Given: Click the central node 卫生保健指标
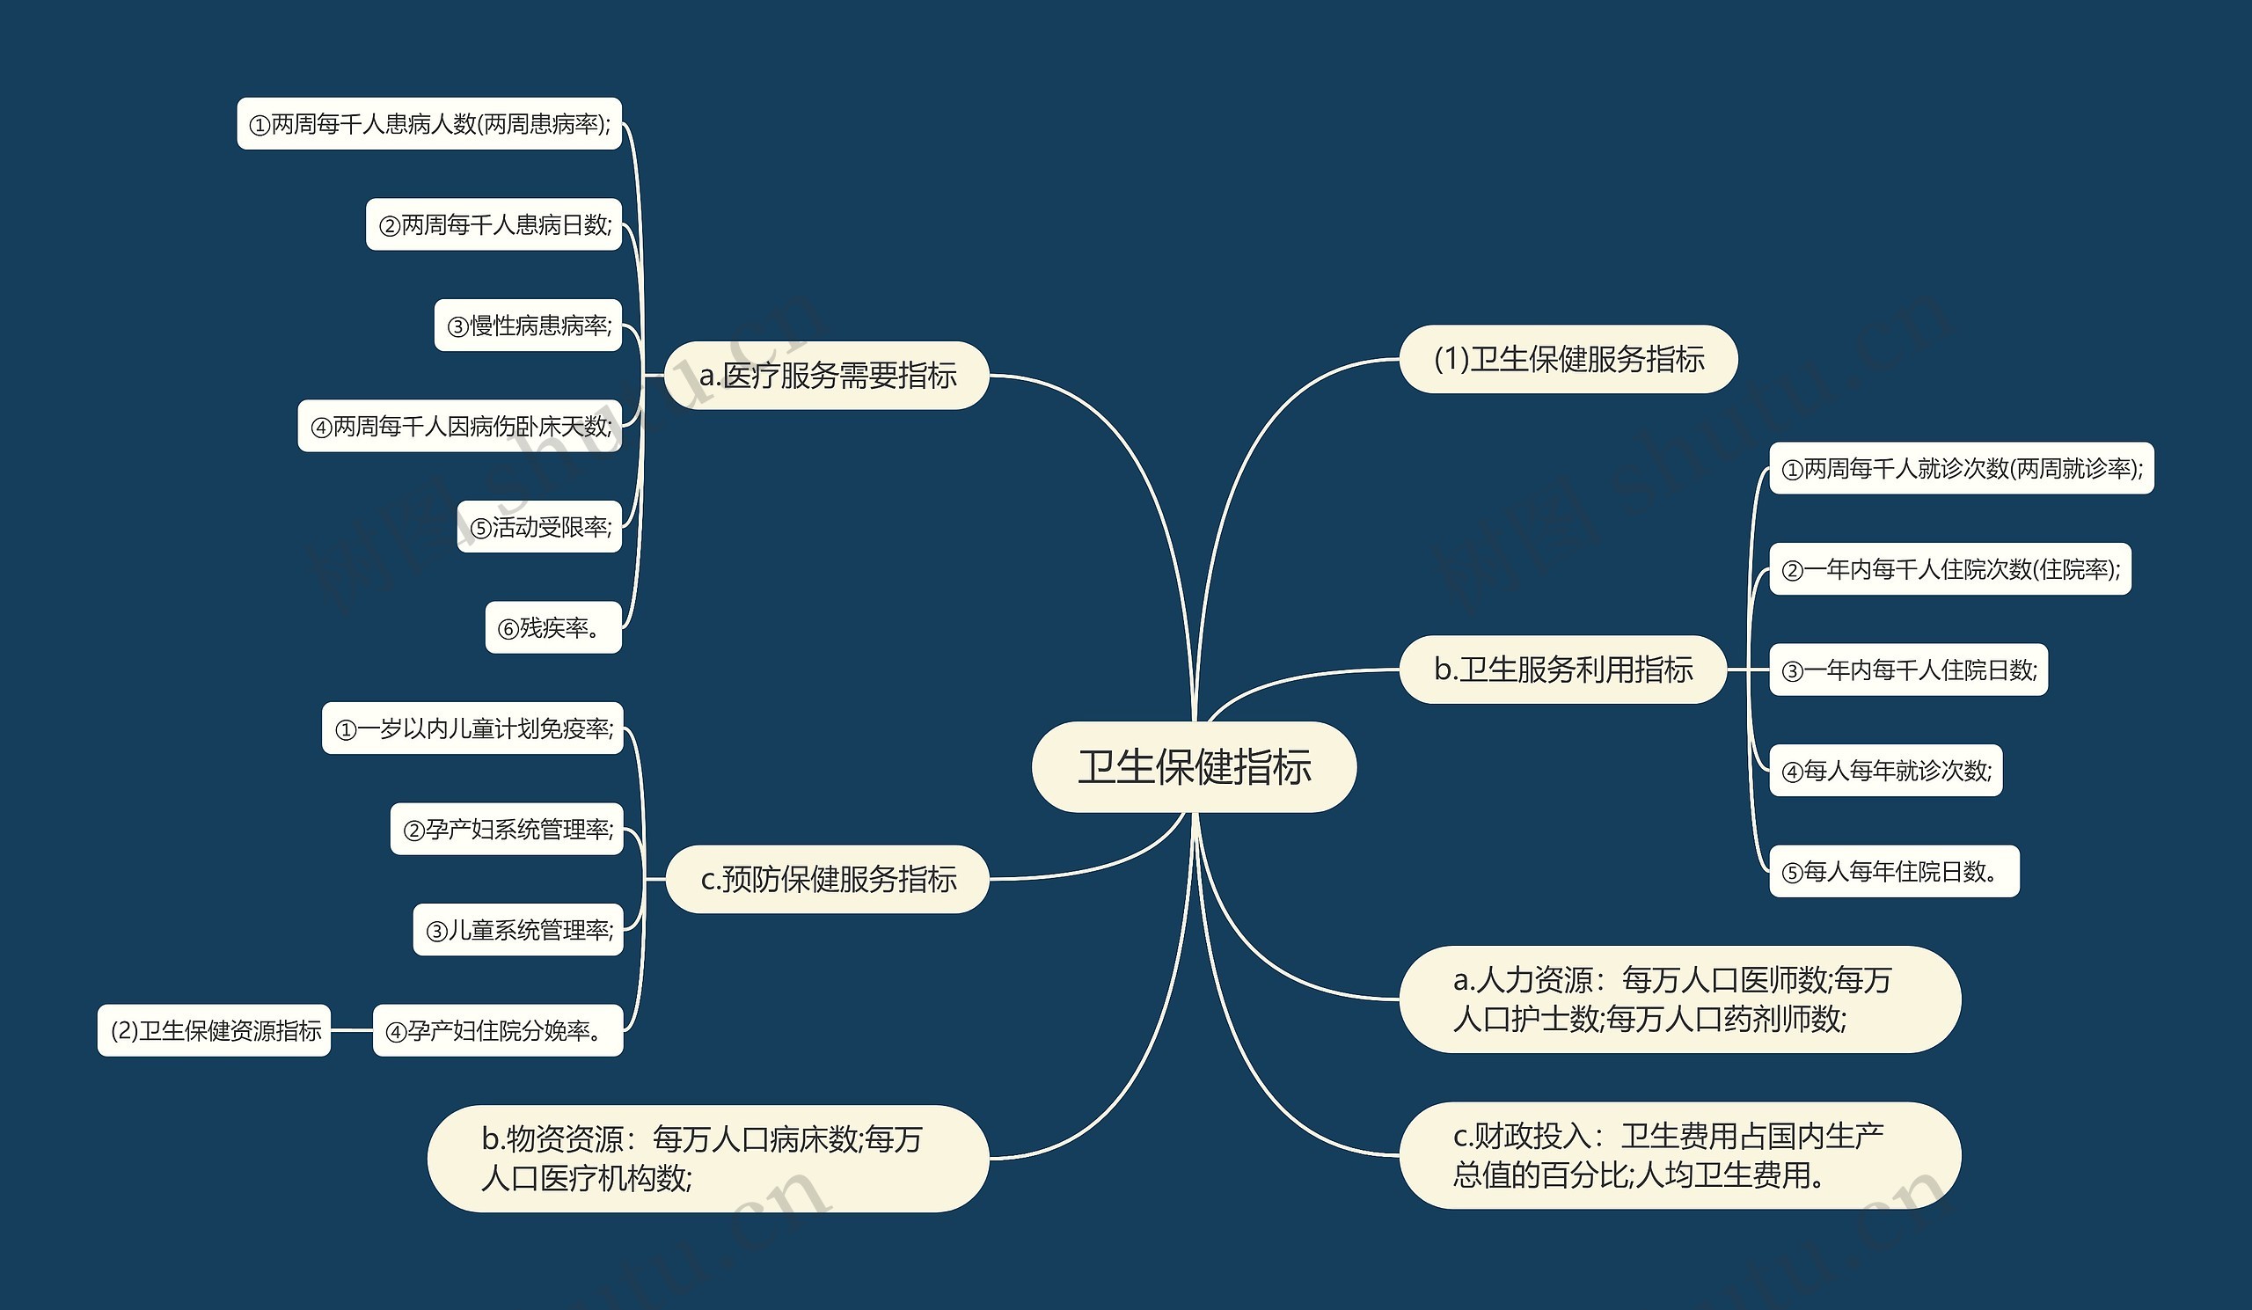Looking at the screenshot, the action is [x=1194, y=766].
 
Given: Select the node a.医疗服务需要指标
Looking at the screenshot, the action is [x=828, y=376].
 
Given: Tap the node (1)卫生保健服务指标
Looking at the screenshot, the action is [x=1568, y=359].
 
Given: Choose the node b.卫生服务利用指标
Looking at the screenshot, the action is [x=1563, y=670].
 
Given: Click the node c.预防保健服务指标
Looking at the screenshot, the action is [x=828, y=879].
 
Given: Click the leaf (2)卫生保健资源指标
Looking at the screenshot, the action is [x=215, y=1030].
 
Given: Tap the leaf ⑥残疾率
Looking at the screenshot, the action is [x=553, y=627].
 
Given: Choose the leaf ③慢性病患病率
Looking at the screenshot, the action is [x=528, y=326].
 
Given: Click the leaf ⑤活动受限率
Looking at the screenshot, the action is [x=540, y=527].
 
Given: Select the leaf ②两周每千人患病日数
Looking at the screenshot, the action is [x=494, y=224].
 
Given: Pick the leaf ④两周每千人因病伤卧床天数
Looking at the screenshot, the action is [x=459, y=426].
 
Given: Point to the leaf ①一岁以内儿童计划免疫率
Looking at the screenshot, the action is [x=472, y=728].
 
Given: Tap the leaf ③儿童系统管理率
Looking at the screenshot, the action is [x=518, y=930].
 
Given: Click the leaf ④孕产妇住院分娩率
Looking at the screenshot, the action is [x=498, y=1030].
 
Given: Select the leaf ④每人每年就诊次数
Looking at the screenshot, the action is [x=1885, y=771].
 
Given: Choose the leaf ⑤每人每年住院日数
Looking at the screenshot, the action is [x=1894, y=871].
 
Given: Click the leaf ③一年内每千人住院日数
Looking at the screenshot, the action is [x=1908, y=670].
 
